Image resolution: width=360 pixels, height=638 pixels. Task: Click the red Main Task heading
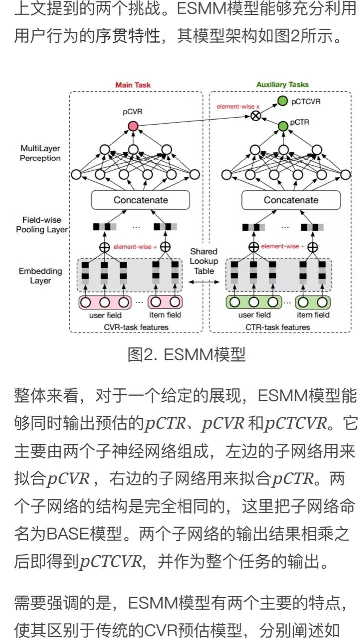(133, 85)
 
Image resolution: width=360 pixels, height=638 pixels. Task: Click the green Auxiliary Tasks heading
(282, 85)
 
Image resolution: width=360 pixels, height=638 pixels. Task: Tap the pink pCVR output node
(133, 127)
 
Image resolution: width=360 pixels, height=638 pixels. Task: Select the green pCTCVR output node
(283, 102)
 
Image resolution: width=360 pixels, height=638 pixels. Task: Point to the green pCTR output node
(283, 126)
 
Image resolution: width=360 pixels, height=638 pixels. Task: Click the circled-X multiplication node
(255, 116)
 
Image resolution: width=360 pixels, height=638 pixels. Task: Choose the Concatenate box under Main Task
(141, 200)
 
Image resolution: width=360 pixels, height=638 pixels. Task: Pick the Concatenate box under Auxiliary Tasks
(291, 200)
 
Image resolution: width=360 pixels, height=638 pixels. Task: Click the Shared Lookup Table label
(204, 261)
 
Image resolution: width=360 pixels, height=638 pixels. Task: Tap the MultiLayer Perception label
(40, 154)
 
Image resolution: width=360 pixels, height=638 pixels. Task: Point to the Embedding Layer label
(40, 276)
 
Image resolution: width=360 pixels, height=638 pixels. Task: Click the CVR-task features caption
(136, 327)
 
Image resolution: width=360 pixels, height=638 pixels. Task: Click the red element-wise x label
(238, 106)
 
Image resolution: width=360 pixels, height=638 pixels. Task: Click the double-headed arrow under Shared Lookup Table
(204, 282)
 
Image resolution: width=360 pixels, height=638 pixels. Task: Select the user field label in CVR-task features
(105, 315)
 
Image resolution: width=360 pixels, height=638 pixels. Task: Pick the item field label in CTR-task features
(313, 315)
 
